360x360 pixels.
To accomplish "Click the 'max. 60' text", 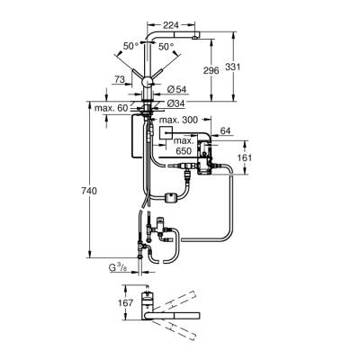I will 112,109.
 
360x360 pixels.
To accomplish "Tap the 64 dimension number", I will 225,132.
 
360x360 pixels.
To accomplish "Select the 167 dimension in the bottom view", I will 128,303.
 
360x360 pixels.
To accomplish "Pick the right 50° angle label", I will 166,44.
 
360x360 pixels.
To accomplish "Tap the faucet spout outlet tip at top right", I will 193,40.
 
